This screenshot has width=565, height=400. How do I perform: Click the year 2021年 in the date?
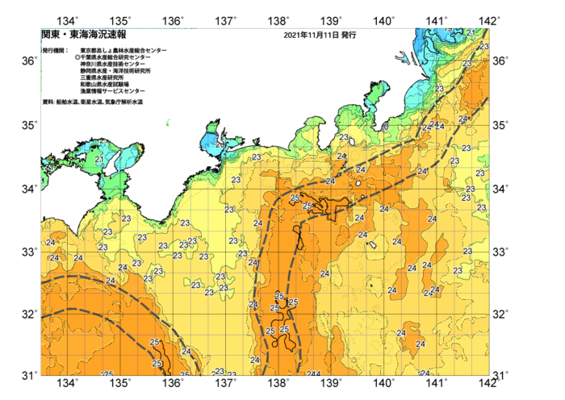click(296, 35)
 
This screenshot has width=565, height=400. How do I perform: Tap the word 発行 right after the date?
click(349, 35)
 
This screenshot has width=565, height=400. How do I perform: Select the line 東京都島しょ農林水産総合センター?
click(123, 51)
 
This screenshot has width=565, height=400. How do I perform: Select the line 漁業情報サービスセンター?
click(111, 91)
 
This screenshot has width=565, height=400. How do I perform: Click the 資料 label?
click(47, 102)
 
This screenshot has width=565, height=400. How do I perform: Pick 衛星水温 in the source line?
click(93, 102)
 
